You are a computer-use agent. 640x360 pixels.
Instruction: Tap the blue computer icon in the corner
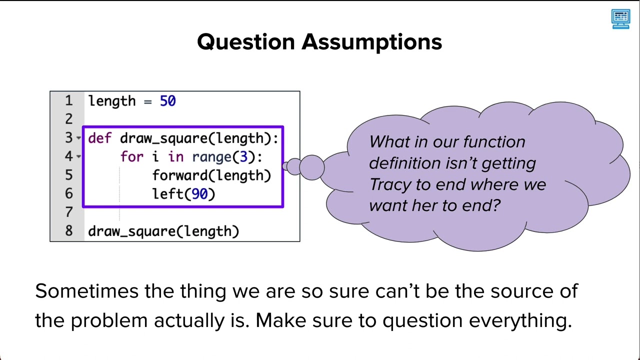click(620, 19)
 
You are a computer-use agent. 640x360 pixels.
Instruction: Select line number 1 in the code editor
click(68, 101)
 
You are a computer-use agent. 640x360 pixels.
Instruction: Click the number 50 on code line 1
click(167, 101)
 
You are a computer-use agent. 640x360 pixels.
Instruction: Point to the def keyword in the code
click(99, 138)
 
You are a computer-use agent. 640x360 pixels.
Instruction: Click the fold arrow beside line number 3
click(79, 138)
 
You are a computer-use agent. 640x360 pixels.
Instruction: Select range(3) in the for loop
click(227, 157)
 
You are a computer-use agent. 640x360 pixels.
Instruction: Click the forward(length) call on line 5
click(211, 175)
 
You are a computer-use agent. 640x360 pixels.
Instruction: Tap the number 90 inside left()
click(199, 194)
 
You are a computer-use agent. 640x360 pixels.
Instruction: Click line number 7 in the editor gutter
click(68, 212)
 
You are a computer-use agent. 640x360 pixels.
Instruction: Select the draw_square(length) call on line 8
click(163, 231)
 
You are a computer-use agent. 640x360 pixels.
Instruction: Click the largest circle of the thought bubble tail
click(312, 167)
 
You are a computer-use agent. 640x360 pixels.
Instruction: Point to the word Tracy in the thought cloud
click(390, 184)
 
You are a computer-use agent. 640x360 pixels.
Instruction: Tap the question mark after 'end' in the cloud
click(496, 205)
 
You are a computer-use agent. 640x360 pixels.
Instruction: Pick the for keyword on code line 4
click(131, 157)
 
